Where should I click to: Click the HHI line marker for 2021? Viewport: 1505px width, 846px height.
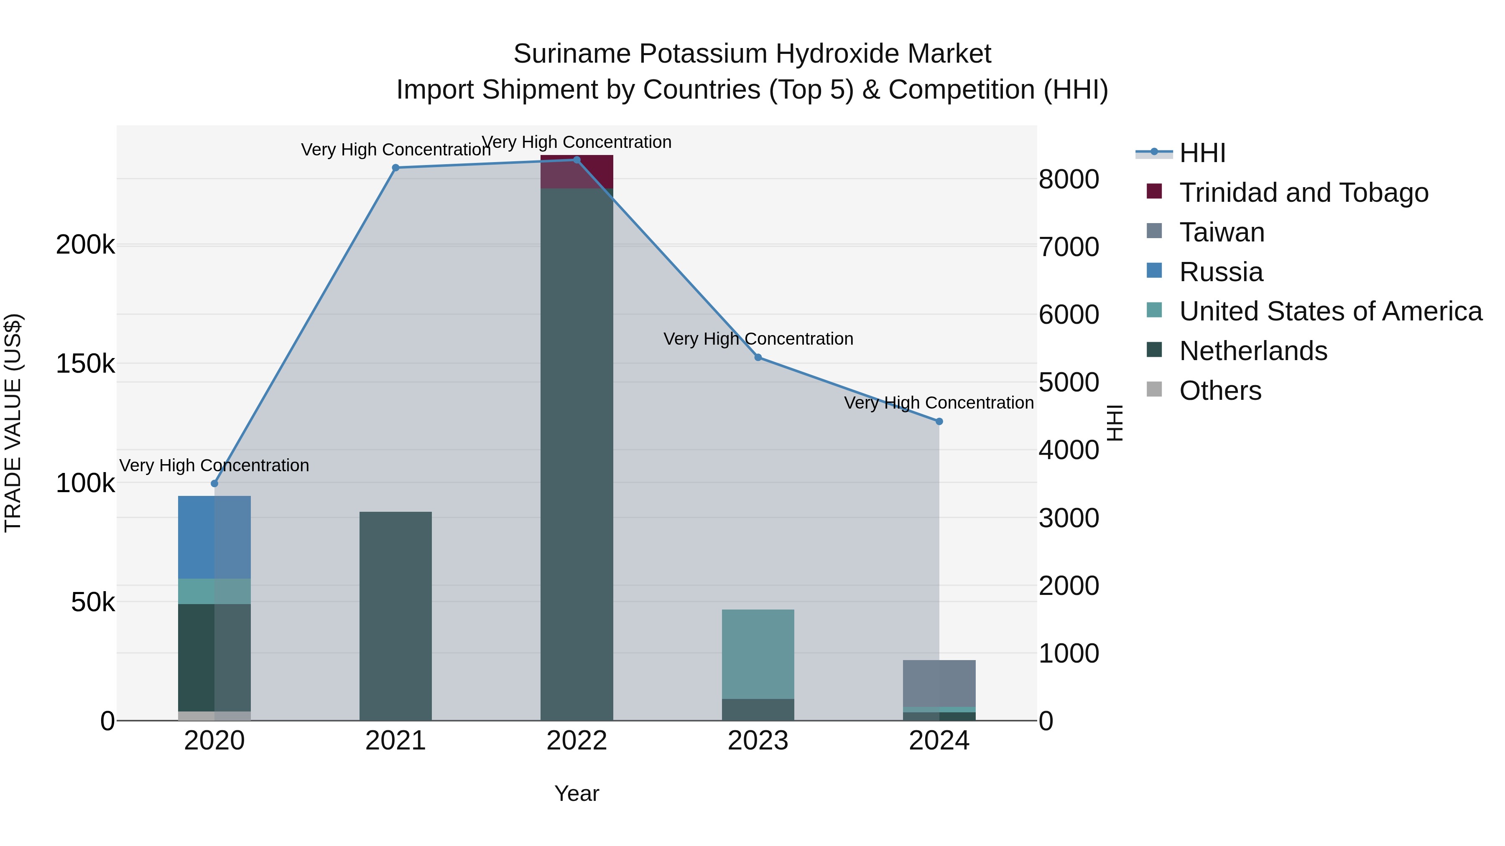tap(395, 168)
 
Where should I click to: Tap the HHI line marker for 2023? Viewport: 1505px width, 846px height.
tap(758, 357)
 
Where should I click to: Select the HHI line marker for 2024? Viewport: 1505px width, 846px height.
tap(939, 422)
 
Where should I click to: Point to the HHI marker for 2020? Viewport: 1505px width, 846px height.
tap(214, 483)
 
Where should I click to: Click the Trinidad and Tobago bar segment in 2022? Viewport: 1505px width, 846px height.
tap(576, 172)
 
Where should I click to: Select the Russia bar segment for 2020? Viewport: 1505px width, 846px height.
tap(214, 537)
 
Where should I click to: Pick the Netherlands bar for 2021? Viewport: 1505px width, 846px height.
tap(395, 616)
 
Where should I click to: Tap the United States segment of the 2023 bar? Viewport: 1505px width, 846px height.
tap(758, 654)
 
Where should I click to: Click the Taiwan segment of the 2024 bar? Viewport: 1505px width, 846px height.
tap(939, 683)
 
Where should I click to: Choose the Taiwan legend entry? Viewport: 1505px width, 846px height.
tap(1222, 232)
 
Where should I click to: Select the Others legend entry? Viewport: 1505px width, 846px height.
tap(1220, 391)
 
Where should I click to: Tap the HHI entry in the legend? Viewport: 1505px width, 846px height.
tap(1202, 153)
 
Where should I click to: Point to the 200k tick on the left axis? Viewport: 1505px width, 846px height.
tap(85, 245)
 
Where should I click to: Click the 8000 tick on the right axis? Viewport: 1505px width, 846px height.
tap(1069, 179)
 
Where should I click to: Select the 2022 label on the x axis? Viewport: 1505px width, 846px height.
tap(576, 741)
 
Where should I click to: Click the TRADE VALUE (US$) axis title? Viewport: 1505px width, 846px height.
tap(13, 423)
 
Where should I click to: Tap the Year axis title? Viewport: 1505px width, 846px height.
tap(576, 793)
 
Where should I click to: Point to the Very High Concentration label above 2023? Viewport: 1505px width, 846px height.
tap(758, 339)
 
